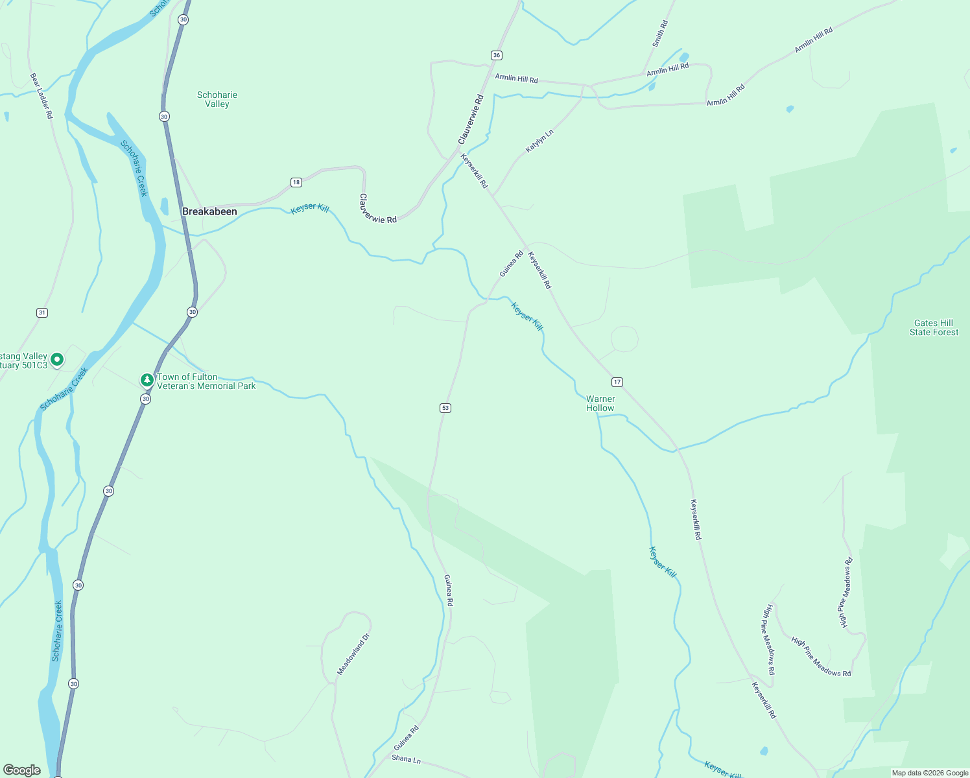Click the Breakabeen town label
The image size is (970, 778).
(x=209, y=212)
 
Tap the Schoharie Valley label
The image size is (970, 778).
(x=217, y=99)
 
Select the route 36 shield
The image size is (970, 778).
(x=496, y=55)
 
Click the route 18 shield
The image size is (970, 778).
(x=296, y=182)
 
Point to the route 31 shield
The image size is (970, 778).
(x=42, y=312)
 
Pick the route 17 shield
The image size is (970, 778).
(x=617, y=382)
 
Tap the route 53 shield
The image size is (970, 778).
(x=445, y=408)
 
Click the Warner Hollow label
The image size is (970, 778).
(x=600, y=403)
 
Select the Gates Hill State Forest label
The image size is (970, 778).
(x=934, y=327)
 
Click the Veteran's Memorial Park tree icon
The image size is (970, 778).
(x=147, y=380)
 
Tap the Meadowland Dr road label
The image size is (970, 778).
(x=353, y=654)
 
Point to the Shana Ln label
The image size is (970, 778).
(x=407, y=759)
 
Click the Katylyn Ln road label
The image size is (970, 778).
(x=539, y=141)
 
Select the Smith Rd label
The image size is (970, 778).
(x=660, y=34)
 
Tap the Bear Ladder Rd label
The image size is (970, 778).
(x=41, y=95)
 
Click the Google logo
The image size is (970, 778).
(x=22, y=770)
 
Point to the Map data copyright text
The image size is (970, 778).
(x=930, y=773)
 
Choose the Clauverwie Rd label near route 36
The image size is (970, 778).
(x=471, y=119)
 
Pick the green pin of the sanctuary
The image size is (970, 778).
(x=57, y=359)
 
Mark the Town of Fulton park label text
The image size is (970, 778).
(x=206, y=381)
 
